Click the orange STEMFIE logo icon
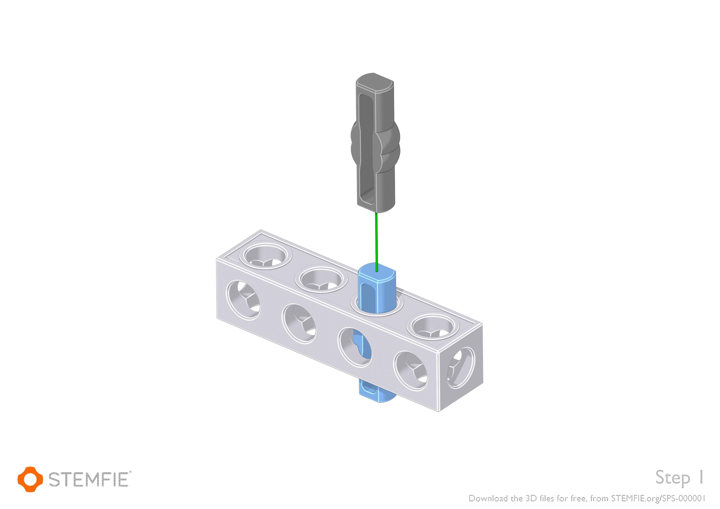30,479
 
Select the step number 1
701,477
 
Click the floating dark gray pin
375,143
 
